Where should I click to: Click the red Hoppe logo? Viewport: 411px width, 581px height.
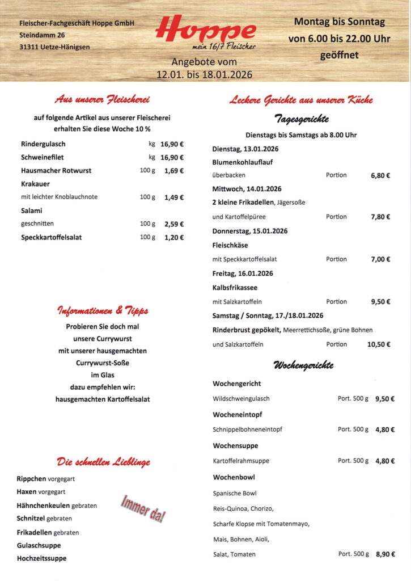pos(205,30)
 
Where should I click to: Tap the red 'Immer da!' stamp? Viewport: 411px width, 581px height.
pos(143,508)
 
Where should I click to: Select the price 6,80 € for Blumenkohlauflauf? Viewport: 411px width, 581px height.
pos(380,175)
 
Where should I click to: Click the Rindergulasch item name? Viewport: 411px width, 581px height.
pos(43,144)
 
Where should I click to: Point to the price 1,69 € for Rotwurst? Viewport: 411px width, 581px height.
pos(173,171)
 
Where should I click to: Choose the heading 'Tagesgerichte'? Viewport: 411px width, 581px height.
pos(301,119)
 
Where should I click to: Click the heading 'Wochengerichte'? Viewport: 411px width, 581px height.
pos(303,365)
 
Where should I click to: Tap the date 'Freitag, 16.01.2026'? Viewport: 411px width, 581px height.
pos(243,273)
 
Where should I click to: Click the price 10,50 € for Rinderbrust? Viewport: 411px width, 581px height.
pos(379,344)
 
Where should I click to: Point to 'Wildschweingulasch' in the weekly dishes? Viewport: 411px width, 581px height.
pos(241,399)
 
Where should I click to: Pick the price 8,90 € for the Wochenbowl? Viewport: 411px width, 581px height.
pos(385,554)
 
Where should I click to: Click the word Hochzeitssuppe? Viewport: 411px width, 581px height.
pos(41,558)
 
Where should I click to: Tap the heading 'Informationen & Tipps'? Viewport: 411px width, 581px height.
pos(103,311)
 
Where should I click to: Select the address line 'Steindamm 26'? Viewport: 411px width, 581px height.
pos(42,35)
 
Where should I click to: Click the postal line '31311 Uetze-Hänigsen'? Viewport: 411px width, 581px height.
pos(54,47)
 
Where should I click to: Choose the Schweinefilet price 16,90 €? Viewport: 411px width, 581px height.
pos(172,158)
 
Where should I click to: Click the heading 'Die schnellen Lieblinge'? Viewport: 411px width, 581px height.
pos(103,462)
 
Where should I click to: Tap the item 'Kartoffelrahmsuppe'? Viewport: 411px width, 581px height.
pos(241,461)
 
